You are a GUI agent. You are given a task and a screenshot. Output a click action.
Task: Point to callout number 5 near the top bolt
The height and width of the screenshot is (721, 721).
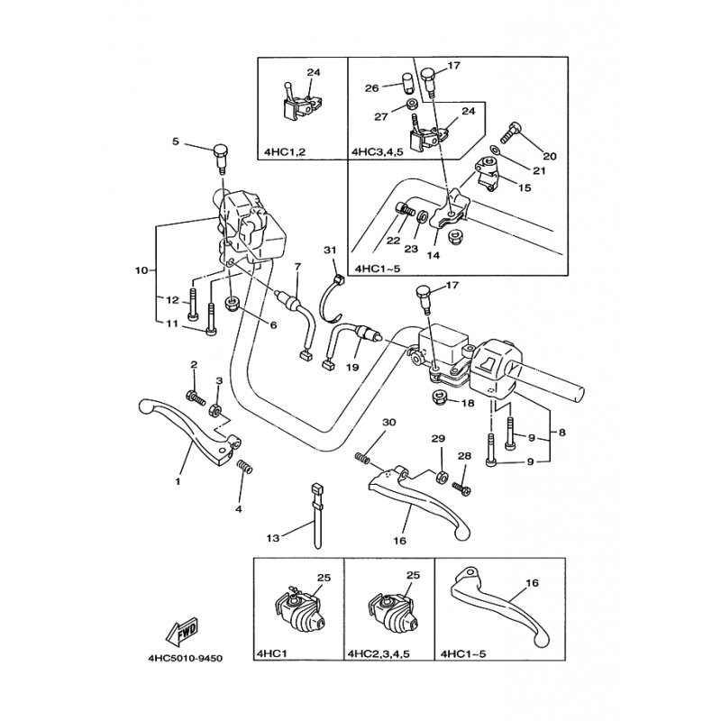click(x=177, y=141)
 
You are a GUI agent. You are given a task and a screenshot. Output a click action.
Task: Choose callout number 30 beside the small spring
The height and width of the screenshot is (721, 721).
click(x=388, y=423)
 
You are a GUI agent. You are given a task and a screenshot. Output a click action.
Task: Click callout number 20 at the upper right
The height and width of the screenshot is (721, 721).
click(x=550, y=156)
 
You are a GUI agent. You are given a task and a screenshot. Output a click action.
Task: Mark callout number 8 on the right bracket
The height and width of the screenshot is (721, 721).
click(x=563, y=432)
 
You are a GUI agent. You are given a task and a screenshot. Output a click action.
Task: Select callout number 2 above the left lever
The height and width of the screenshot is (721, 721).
click(x=193, y=364)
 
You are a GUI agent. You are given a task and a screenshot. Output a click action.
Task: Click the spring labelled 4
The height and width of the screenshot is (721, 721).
click(x=244, y=466)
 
